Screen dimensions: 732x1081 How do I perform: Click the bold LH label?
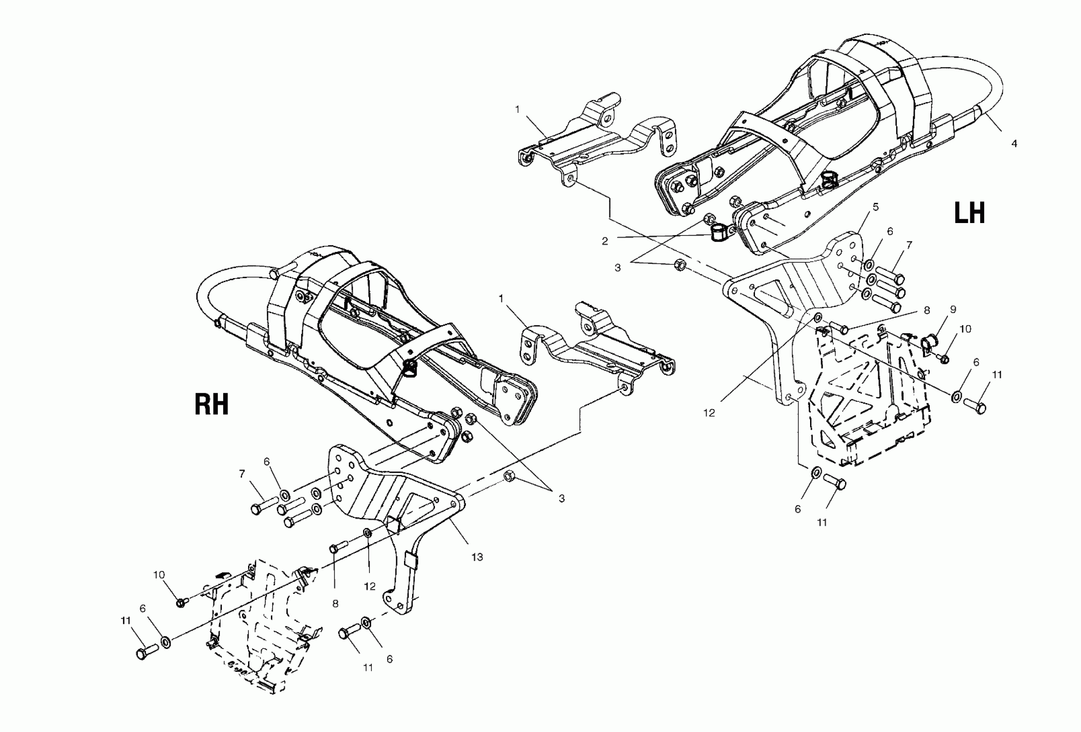click(969, 214)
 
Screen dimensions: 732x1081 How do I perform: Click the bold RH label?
click(211, 404)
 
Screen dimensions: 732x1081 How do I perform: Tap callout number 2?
click(605, 241)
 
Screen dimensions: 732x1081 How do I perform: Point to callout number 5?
click(876, 207)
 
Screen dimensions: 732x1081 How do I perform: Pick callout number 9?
click(953, 310)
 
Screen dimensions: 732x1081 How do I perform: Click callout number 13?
click(477, 557)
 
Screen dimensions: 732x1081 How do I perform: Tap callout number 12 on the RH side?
click(370, 586)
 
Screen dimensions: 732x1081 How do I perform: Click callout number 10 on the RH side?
click(159, 575)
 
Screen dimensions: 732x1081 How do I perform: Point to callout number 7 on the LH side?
click(909, 245)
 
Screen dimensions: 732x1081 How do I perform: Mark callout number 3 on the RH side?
click(562, 499)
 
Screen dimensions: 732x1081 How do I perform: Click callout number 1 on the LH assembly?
click(517, 109)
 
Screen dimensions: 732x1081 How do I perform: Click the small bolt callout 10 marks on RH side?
click(181, 603)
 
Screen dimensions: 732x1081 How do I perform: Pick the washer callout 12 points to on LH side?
click(818, 319)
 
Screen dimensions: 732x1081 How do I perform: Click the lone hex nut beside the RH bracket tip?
click(509, 476)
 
